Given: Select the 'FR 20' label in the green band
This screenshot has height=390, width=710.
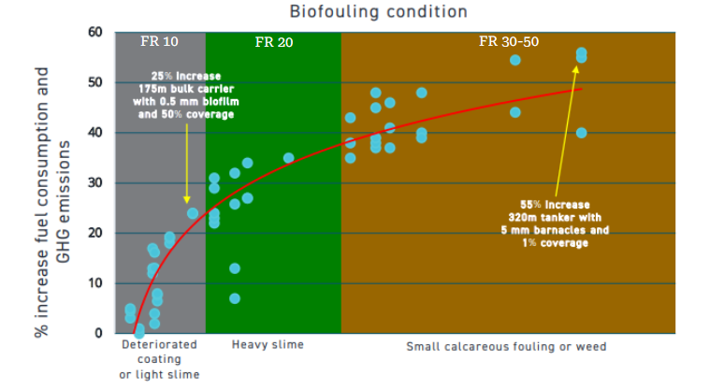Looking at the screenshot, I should [273, 43].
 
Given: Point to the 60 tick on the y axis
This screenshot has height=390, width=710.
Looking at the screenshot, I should [94, 33].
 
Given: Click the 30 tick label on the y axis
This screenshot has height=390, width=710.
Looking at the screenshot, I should [94, 183].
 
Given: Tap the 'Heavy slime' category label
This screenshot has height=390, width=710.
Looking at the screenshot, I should [268, 346].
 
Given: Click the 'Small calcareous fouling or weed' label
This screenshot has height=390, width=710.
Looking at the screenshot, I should [506, 347].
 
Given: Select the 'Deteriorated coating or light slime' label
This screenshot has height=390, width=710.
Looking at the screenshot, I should [160, 360].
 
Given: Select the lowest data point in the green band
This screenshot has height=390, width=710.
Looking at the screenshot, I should [235, 298].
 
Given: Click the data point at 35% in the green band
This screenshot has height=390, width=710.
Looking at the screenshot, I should [288, 158].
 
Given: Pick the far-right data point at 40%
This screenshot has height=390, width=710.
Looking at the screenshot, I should [581, 133].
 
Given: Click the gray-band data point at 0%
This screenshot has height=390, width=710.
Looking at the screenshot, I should [139, 332].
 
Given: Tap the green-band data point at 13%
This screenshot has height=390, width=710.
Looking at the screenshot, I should [235, 268].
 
